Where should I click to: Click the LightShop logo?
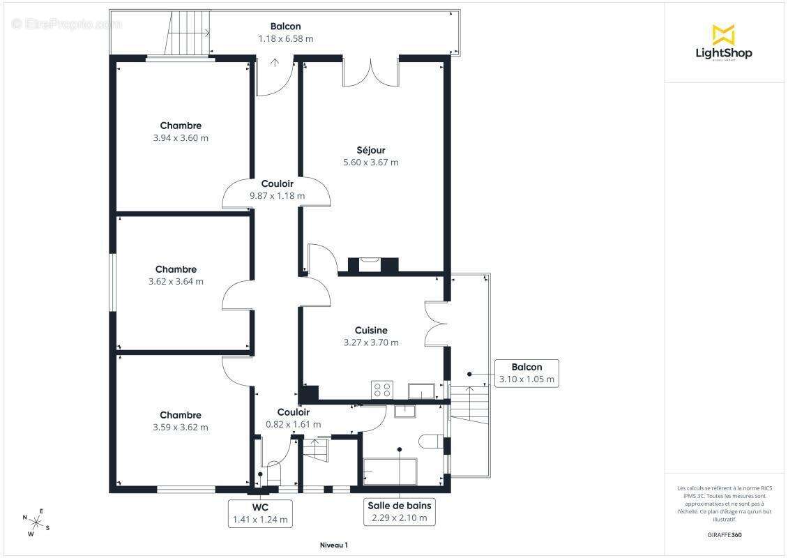pyautogui.click(x=724, y=43)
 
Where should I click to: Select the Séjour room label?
pyautogui.click(x=371, y=150)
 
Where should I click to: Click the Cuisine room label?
pyautogui.click(x=371, y=331)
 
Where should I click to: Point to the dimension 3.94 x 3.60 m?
pyautogui.click(x=181, y=137)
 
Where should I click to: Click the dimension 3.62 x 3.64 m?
pyautogui.click(x=176, y=282)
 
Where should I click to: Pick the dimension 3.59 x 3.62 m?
pyautogui.click(x=181, y=428)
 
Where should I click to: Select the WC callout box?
pyautogui.click(x=260, y=513)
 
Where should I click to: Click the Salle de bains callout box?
pyautogui.click(x=400, y=512)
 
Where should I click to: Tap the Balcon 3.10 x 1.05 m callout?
pyautogui.click(x=526, y=373)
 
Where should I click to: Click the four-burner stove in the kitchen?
pyautogui.click(x=382, y=390)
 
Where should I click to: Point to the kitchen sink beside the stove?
pyautogui.click(x=421, y=391)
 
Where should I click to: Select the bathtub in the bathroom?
pyautogui.click(x=390, y=471)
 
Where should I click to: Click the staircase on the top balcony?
pyautogui.click(x=187, y=32)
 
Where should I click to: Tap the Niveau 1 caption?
pyautogui.click(x=334, y=545)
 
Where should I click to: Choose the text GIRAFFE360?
pyautogui.click(x=724, y=535)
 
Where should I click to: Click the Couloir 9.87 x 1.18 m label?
pyautogui.click(x=278, y=190)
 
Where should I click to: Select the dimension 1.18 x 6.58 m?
pyautogui.click(x=285, y=38)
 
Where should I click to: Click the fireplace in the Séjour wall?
pyautogui.click(x=373, y=265)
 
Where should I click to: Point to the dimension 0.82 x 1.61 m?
pyautogui.click(x=293, y=424)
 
